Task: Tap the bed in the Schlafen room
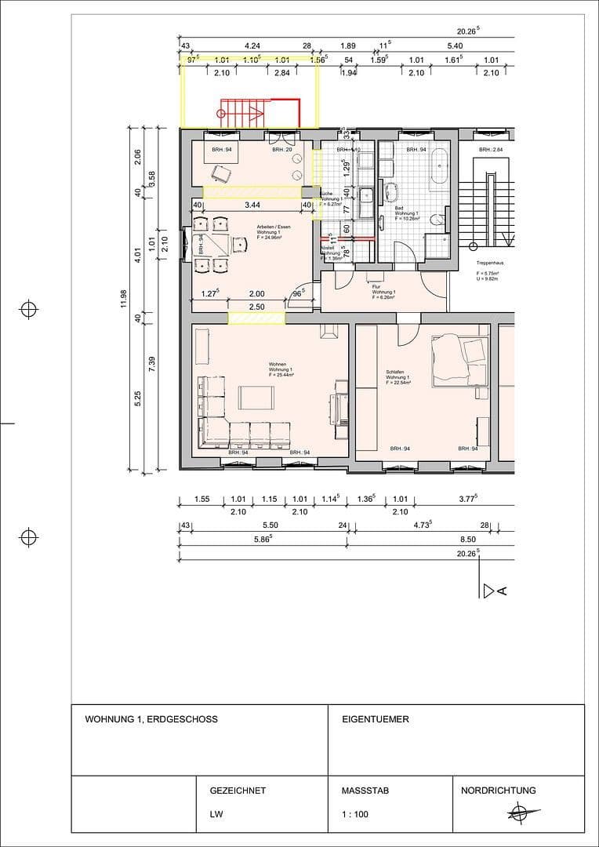tap(459, 359)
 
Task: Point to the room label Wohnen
tap(278, 365)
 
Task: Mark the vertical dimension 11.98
tap(123, 300)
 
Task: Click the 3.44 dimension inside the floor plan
tap(252, 205)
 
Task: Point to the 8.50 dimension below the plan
tap(468, 540)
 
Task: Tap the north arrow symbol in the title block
tap(517, 813)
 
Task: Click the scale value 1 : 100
tap(355, 814)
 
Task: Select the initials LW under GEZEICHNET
tap(216, 814)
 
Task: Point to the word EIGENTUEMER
tap(376, 719)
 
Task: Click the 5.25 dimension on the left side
tap(137, 398)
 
